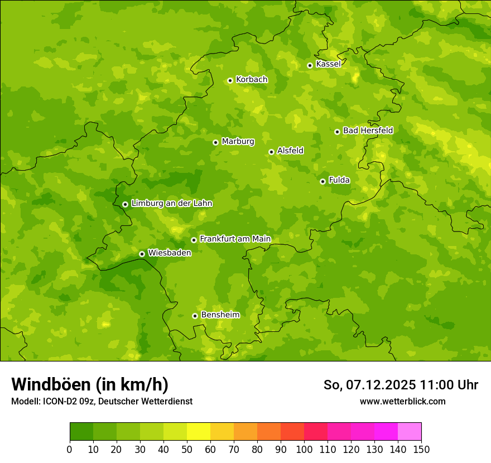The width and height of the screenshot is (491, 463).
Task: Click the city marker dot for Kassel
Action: click(310, 65)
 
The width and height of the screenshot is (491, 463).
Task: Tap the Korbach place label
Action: click(252, 80)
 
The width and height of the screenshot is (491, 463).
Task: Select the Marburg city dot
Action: click(215, 142)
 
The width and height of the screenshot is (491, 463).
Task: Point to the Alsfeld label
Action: click(290, 151)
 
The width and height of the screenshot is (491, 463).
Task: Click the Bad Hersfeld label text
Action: click(368, 131)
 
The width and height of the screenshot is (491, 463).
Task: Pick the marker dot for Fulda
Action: click(322, 181)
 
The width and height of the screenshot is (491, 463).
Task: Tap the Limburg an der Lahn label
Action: click(171, 204)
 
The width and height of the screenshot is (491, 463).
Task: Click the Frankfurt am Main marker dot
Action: click(194, 240)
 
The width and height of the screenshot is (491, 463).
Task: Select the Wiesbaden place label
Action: click(169, 253)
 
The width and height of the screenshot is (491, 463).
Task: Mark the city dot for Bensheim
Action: click(195, 316)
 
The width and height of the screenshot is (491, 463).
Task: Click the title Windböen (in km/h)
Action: click(90, 384)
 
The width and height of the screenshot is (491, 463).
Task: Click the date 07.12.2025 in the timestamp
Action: click(381, 385)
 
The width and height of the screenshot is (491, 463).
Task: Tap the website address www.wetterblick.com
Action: click(402, 402)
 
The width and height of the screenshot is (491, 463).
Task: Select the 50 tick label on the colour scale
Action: click(187, 450)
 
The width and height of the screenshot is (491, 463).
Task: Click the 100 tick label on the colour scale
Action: click(304, 450)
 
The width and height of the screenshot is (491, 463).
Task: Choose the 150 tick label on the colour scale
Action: click(421, 450)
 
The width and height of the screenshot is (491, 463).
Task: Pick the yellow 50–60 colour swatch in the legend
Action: click(199, 432)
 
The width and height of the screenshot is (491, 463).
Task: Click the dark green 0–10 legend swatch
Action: click(81, 432)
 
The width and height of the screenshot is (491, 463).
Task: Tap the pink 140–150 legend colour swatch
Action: click(410, 432)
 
